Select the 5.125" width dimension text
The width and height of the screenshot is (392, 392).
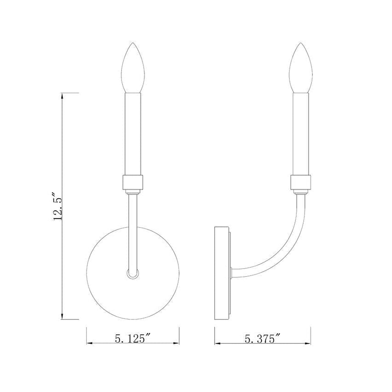(133, 338)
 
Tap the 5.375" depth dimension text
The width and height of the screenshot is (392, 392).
(263, 338)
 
